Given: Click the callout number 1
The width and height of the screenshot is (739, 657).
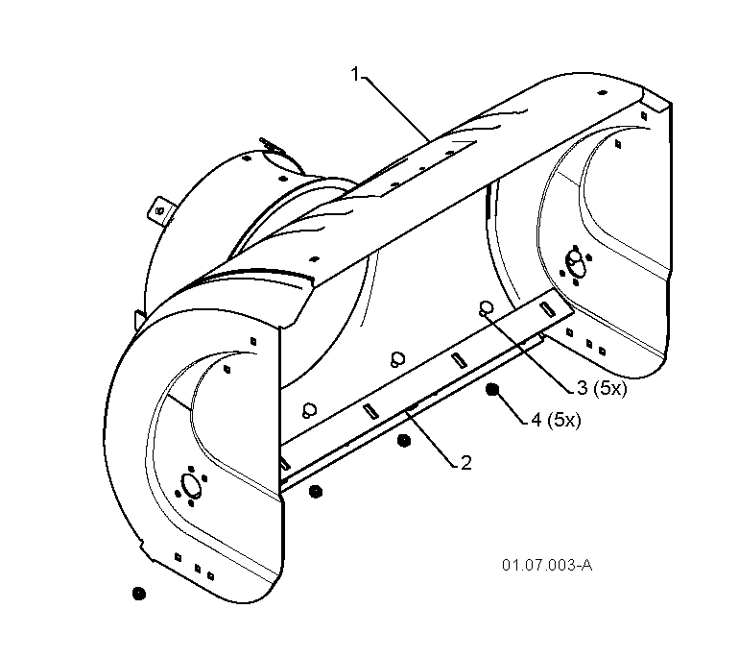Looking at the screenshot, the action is tap(355, 74).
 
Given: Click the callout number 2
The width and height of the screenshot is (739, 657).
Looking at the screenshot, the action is tap(465, 463).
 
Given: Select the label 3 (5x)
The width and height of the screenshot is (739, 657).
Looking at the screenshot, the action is tap(602, 388).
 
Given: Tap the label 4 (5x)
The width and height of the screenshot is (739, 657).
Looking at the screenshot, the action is tap(556, 420).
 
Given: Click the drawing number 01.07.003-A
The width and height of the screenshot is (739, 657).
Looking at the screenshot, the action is tap(547, 565).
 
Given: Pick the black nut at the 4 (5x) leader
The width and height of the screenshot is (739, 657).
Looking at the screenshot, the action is tap(492, 390).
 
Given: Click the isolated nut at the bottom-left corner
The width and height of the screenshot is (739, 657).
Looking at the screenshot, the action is tap(139, 594).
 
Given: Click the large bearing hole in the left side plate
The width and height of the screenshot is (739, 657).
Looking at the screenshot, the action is tap(190, 485).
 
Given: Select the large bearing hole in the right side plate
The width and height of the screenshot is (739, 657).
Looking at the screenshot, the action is tap(576, 262).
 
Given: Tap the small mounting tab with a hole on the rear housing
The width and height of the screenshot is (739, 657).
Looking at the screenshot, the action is tap(161, 209).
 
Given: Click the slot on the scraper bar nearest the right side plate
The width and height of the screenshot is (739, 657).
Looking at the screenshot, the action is tap(547, 308).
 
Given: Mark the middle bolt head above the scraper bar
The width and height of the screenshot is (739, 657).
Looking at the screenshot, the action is tap(398, 359).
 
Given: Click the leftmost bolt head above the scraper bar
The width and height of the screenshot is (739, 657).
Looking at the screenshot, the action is tap(310, 409).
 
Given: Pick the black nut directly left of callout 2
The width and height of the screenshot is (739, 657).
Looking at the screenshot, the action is tap(404, 441).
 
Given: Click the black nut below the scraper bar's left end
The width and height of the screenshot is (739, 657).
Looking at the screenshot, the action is tap(316, 492).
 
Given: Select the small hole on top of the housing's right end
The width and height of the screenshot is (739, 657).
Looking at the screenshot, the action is tap(602, 92).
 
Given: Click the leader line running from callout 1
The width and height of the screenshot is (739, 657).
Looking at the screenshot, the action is tap(395, 109).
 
